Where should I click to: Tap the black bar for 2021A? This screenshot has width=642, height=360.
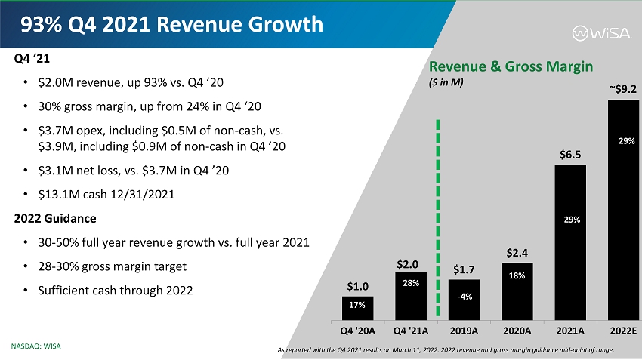[x=570, y=241]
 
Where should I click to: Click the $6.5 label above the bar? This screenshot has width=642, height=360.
[x=570, y=153]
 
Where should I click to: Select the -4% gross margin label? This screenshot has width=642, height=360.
[x=465, y=296]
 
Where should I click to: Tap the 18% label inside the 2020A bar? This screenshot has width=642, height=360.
[x=517, y=276]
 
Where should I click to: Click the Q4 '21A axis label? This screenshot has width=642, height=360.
[x=411, y=330]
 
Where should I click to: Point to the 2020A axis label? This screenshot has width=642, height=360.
[x=517, y=330]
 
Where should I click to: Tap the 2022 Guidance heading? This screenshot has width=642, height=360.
[x=55, y=218]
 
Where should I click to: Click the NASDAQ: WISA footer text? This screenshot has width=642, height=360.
[x=35, y=346]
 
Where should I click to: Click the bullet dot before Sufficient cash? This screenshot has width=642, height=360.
[x=26, y=291]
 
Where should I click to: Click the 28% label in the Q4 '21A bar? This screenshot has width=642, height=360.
[x=411, y=283]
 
